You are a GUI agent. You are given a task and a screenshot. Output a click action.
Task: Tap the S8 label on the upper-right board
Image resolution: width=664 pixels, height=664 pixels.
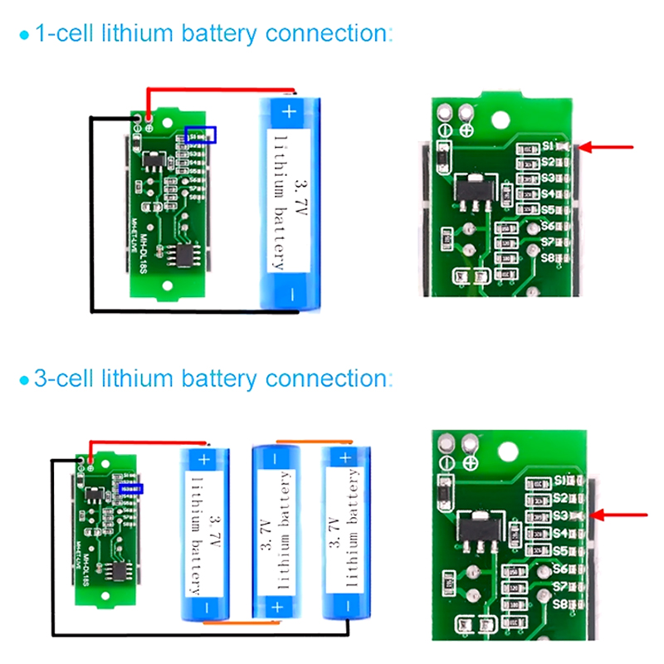coord(548,257)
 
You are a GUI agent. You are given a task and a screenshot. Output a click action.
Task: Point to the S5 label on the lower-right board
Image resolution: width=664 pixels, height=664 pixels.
coord(559,551)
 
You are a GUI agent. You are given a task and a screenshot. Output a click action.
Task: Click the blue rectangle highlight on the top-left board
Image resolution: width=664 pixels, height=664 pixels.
coord(201,134)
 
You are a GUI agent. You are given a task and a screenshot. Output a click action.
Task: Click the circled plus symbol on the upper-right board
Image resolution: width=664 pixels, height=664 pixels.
coord(467,130)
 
